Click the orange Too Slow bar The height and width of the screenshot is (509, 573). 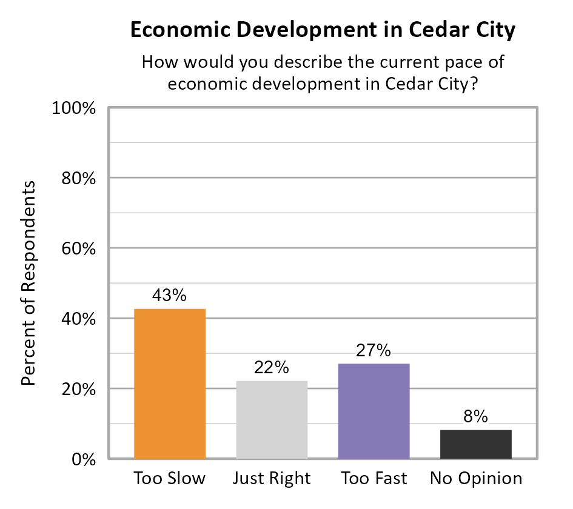pos(170,384)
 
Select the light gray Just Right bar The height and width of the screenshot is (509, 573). pos(271,419)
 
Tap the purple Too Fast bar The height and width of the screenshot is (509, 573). pos(374,411)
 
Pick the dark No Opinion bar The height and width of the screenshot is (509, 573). pos(475,444)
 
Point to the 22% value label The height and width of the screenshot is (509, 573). pos(271,367)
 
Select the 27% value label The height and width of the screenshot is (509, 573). pos(374,350)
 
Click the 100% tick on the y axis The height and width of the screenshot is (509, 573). pos(76,108)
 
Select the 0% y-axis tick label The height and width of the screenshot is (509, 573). pos(84,460)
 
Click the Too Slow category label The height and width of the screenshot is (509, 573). pos(170,479)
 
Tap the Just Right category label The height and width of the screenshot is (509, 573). pos(272,479)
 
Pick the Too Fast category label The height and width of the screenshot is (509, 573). pos(374,479)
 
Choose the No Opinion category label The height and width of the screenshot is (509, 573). pos(476,479)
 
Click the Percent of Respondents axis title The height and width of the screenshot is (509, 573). pos(28,283)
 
